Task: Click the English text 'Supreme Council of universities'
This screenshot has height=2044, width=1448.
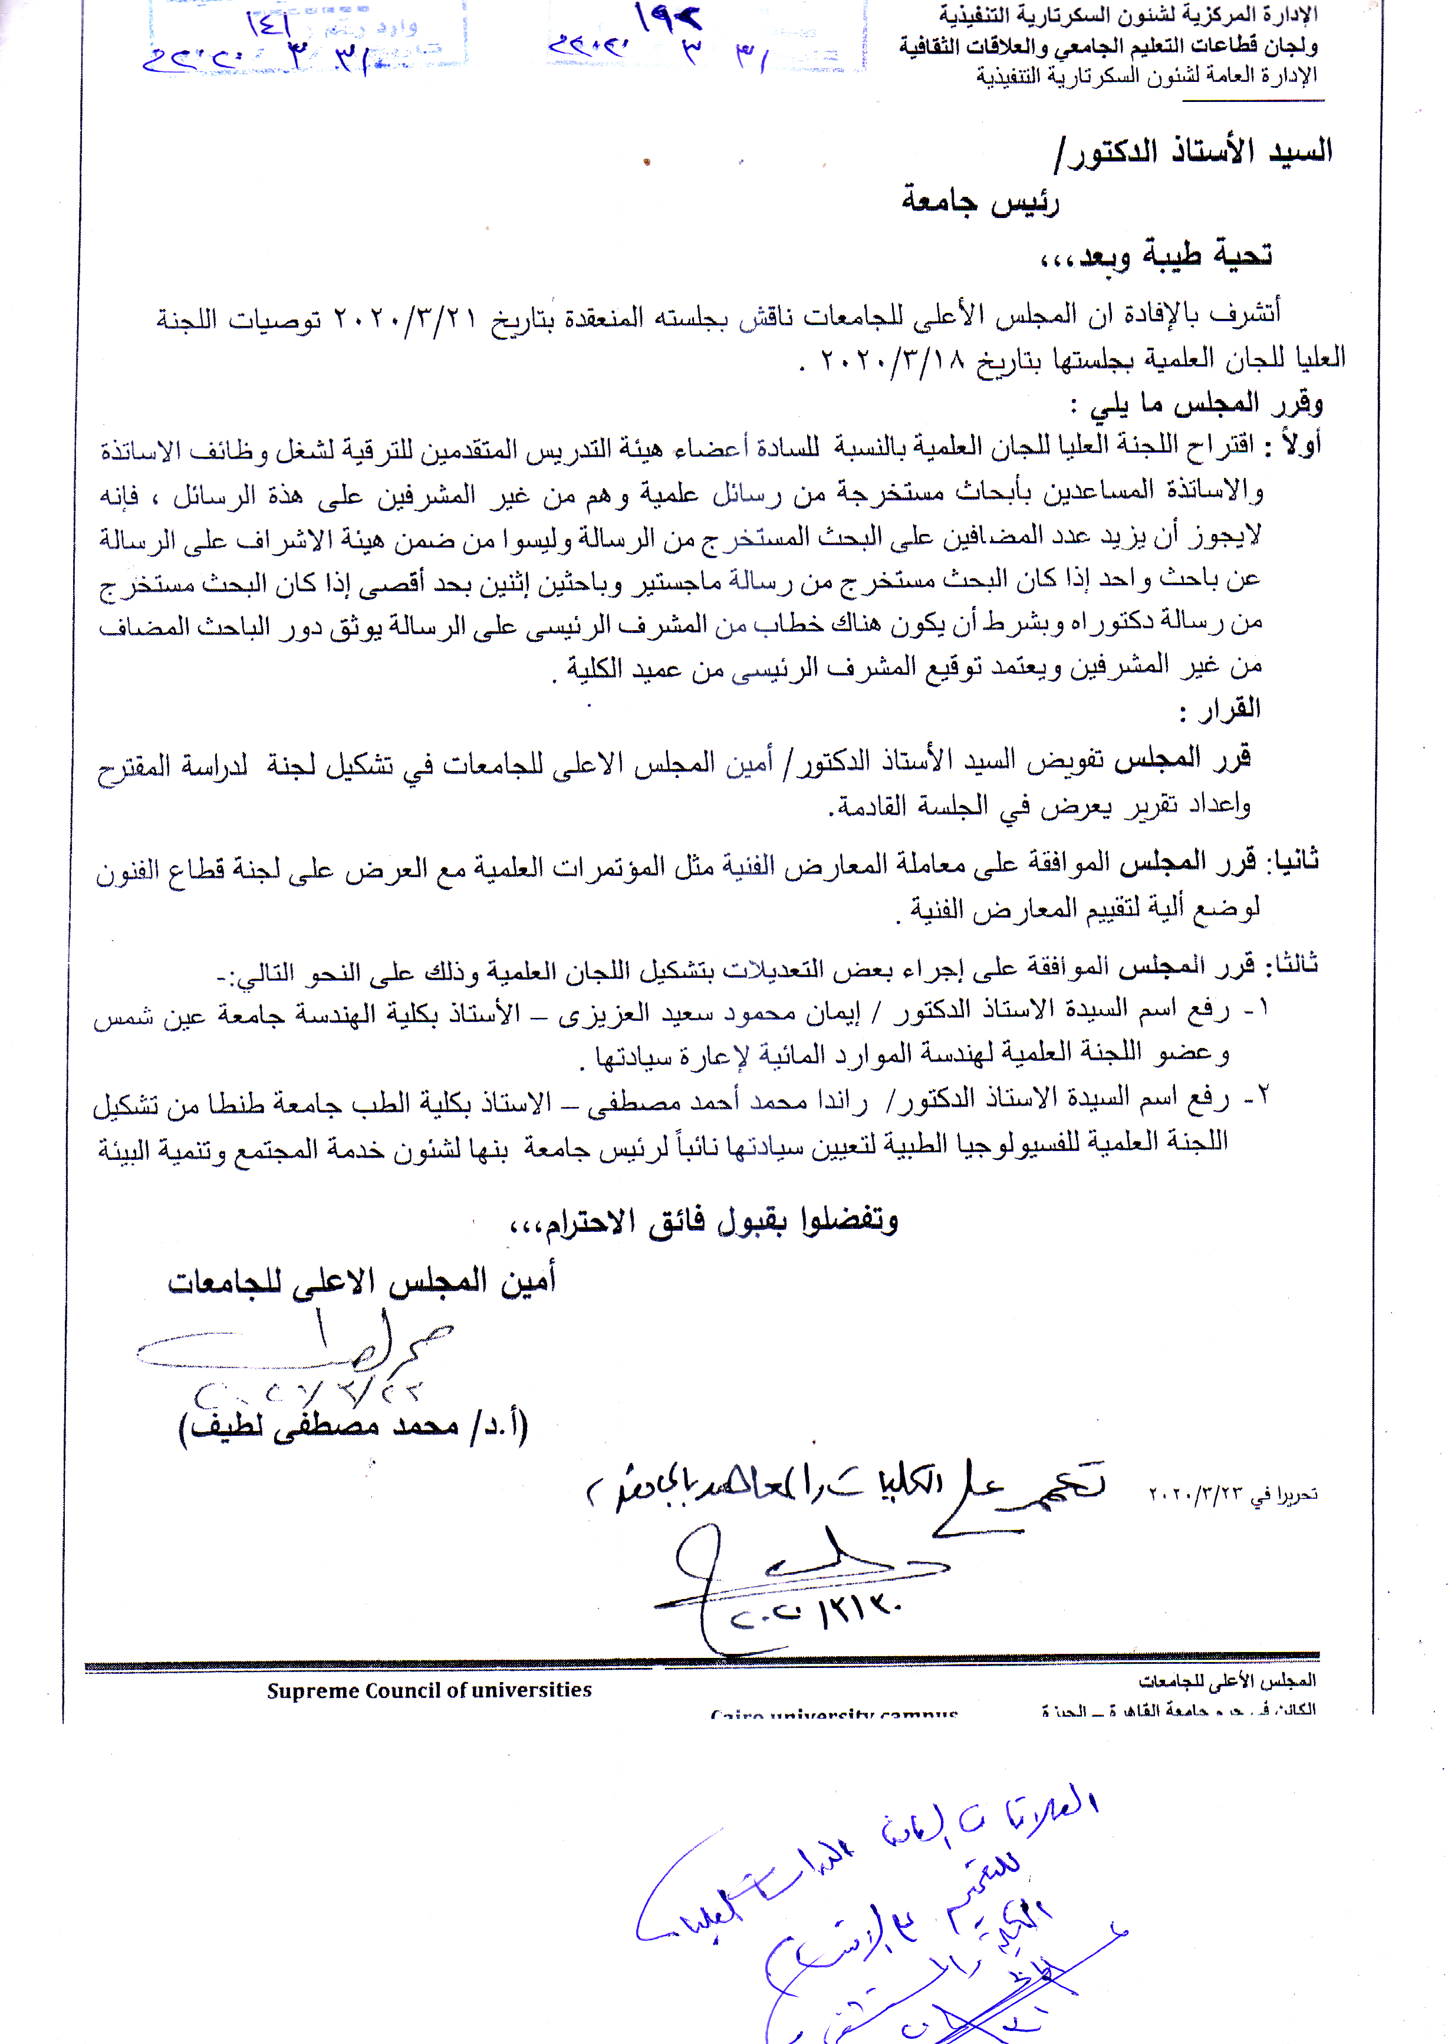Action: click(429, 1690)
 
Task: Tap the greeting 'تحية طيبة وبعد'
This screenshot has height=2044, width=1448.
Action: click(1156, 256)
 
